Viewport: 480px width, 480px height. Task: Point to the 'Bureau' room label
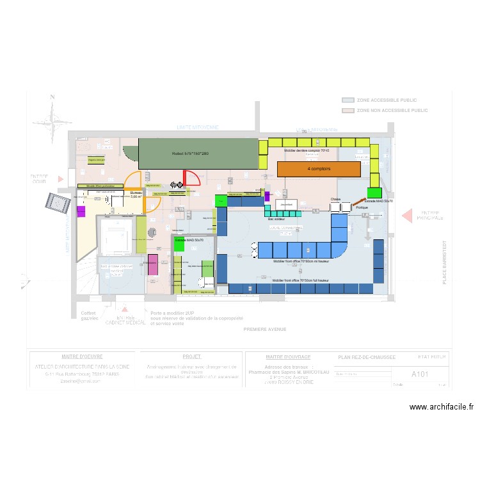tap(136, 193)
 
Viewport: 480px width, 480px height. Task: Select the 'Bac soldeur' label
tap(276, 218)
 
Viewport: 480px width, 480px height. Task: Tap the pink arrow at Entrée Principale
tap(407, 216)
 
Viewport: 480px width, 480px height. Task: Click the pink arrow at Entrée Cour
tap(61, 179)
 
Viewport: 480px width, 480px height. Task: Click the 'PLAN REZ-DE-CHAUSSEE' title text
tap(367, 357)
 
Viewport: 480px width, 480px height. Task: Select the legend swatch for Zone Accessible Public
tap(348, 100)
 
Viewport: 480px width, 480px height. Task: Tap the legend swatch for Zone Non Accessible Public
tap(348, 111)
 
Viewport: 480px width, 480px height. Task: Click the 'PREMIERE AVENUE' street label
tap(264, 330)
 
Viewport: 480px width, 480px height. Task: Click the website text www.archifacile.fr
tap(441, 406)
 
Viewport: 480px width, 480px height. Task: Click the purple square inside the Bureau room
tap(81, 211)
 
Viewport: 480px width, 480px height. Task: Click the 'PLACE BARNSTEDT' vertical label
tap(444, 262)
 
